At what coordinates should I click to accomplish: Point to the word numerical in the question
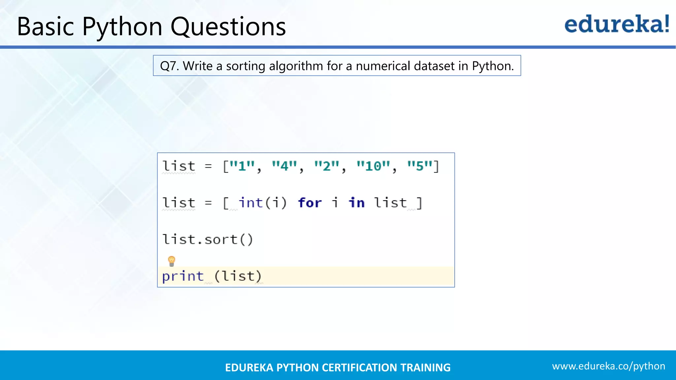pos(383,66)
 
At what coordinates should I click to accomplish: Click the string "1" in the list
pos(242,166)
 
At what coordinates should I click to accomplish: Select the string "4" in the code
pos(285,166)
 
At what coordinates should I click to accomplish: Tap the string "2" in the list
pos(327,166)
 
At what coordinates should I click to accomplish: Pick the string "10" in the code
pos(373,166)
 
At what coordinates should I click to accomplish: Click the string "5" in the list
pos(420,166)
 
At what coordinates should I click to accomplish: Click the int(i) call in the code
pos(263,203)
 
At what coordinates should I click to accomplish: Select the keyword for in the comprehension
pos(310,203)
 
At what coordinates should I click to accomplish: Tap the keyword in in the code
pos(356,203)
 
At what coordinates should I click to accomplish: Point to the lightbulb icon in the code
pos(172,261)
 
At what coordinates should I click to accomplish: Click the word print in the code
pos(183,276)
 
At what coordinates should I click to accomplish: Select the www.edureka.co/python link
pos(608,366)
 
